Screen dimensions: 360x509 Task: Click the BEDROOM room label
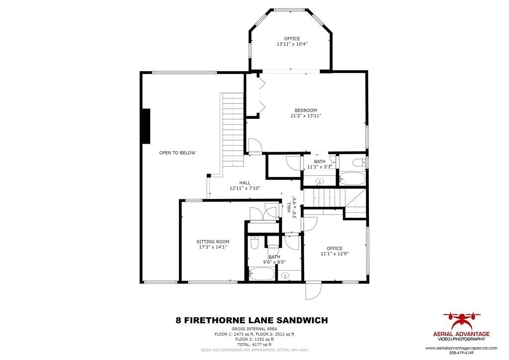point(306,110)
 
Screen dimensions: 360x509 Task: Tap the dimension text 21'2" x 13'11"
point(306,116)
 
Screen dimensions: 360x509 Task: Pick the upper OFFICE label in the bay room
point(292,39)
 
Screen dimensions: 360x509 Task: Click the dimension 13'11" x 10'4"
point(292,44)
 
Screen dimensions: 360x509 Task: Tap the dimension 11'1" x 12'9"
point(335,254)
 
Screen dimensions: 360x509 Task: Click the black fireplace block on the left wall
point(146,126)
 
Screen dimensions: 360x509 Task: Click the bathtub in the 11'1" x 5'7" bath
point(352,179)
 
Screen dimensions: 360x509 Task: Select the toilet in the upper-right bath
point(359,162)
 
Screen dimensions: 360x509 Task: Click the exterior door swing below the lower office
point(314,291)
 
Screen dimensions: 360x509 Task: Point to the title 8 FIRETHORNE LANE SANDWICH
point(252,321)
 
